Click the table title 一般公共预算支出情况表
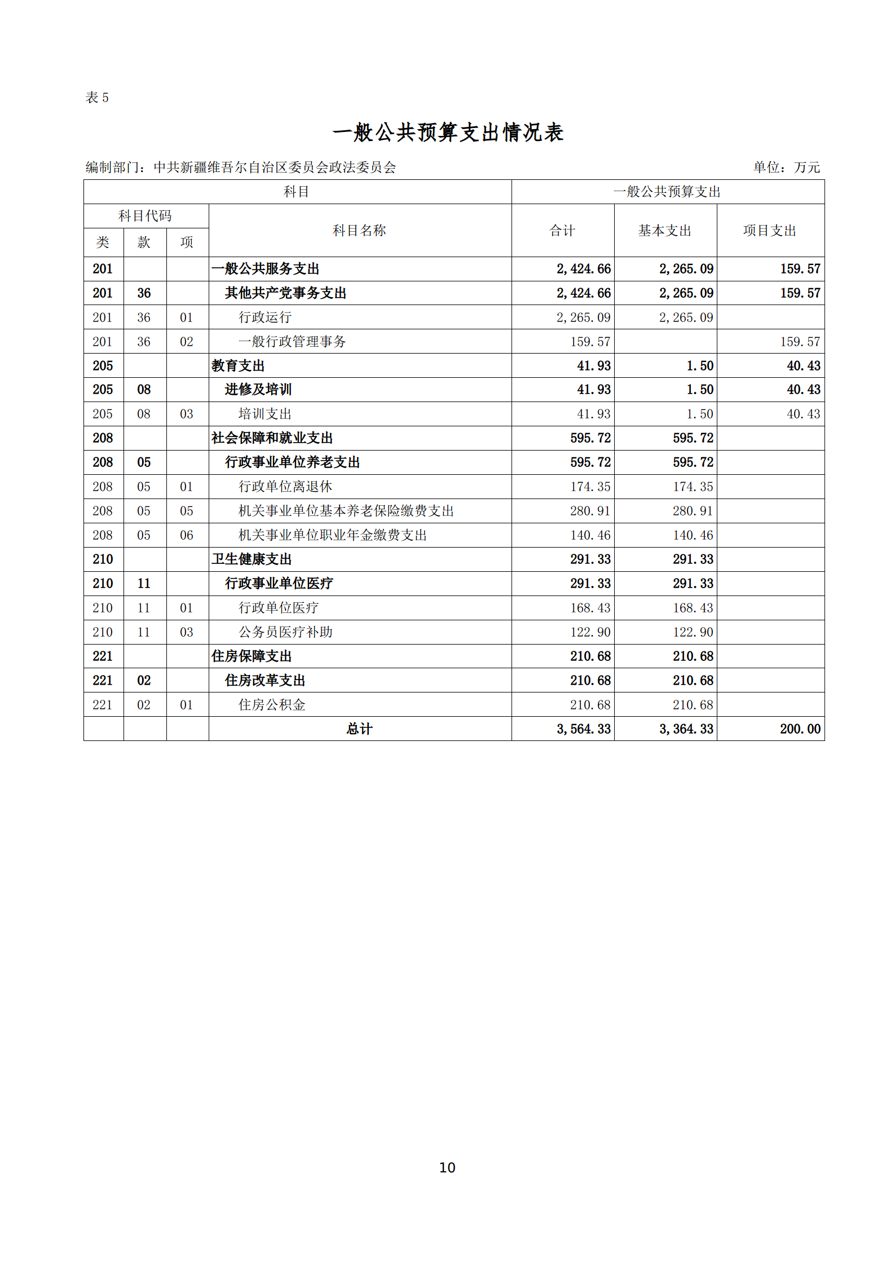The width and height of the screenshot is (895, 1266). click(448, 133)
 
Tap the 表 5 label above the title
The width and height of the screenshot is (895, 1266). click(97, 98)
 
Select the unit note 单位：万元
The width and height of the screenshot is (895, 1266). click(786, 167)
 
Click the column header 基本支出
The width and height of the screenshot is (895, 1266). click(665, 231)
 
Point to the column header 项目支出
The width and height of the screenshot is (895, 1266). click(770, 231)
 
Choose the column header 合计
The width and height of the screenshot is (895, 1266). click(562, 231)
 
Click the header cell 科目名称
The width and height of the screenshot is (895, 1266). click(359, 231)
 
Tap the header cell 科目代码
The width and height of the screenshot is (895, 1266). click(145, 216)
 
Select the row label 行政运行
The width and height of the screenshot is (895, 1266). click(265, 317)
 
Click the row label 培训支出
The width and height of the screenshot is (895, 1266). click(265, 414)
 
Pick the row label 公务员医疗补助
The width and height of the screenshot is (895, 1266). click(285, 632)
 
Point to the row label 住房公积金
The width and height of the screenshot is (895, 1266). click(272, 705)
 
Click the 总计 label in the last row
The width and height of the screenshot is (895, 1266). click(359, 729)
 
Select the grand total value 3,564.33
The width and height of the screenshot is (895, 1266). click(583, 729)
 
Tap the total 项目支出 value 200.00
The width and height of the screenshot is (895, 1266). click(800, 729)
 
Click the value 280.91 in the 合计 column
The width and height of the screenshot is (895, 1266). click(590, 511)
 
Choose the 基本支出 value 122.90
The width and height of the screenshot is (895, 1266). click(693, 632)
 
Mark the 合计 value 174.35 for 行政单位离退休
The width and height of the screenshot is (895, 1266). click(590, 487)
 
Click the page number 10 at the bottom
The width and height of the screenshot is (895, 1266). click(447, 1167)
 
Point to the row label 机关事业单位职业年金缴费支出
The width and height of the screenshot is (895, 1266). click(333, 535)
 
